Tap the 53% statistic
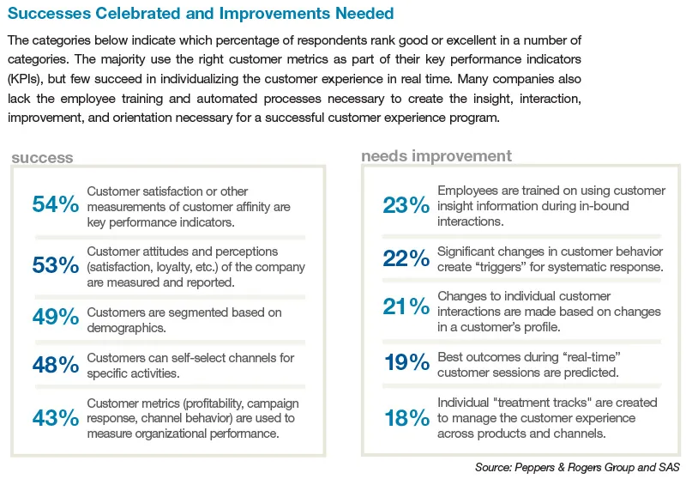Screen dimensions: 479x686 pos(56,265)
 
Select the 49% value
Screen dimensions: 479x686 pos(56,317)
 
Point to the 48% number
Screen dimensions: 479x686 pos(56,366)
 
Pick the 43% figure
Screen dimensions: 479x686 pos(56,418)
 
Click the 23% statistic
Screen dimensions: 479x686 pos(406,205)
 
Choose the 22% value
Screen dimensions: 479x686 pos(406,258)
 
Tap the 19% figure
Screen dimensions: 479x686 pos(406,363)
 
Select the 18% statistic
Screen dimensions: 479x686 pos(406,418)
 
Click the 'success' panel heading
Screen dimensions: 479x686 pos(42,157)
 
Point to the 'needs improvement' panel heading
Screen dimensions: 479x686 pos(436,155)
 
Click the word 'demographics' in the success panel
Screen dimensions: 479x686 pos(128,327)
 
